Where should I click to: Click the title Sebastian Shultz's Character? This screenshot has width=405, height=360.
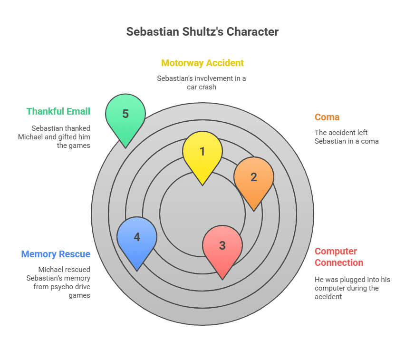point(202,32)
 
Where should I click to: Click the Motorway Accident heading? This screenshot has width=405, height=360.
point(202,63)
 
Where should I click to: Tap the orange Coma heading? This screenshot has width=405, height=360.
point(327,117)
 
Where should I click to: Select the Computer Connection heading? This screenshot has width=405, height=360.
point(339,257)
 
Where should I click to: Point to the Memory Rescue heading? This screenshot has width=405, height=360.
point(56,254)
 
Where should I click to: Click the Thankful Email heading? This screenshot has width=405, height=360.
point(58,111)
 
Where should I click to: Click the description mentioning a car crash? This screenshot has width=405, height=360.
point(202,82)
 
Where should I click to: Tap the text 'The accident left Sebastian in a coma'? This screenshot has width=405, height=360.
point(347,136)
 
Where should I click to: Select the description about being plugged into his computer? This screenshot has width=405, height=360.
point(352,288)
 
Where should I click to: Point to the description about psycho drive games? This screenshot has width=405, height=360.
point(58,282)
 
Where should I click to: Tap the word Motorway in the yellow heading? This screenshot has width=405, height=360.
point(181,63)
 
